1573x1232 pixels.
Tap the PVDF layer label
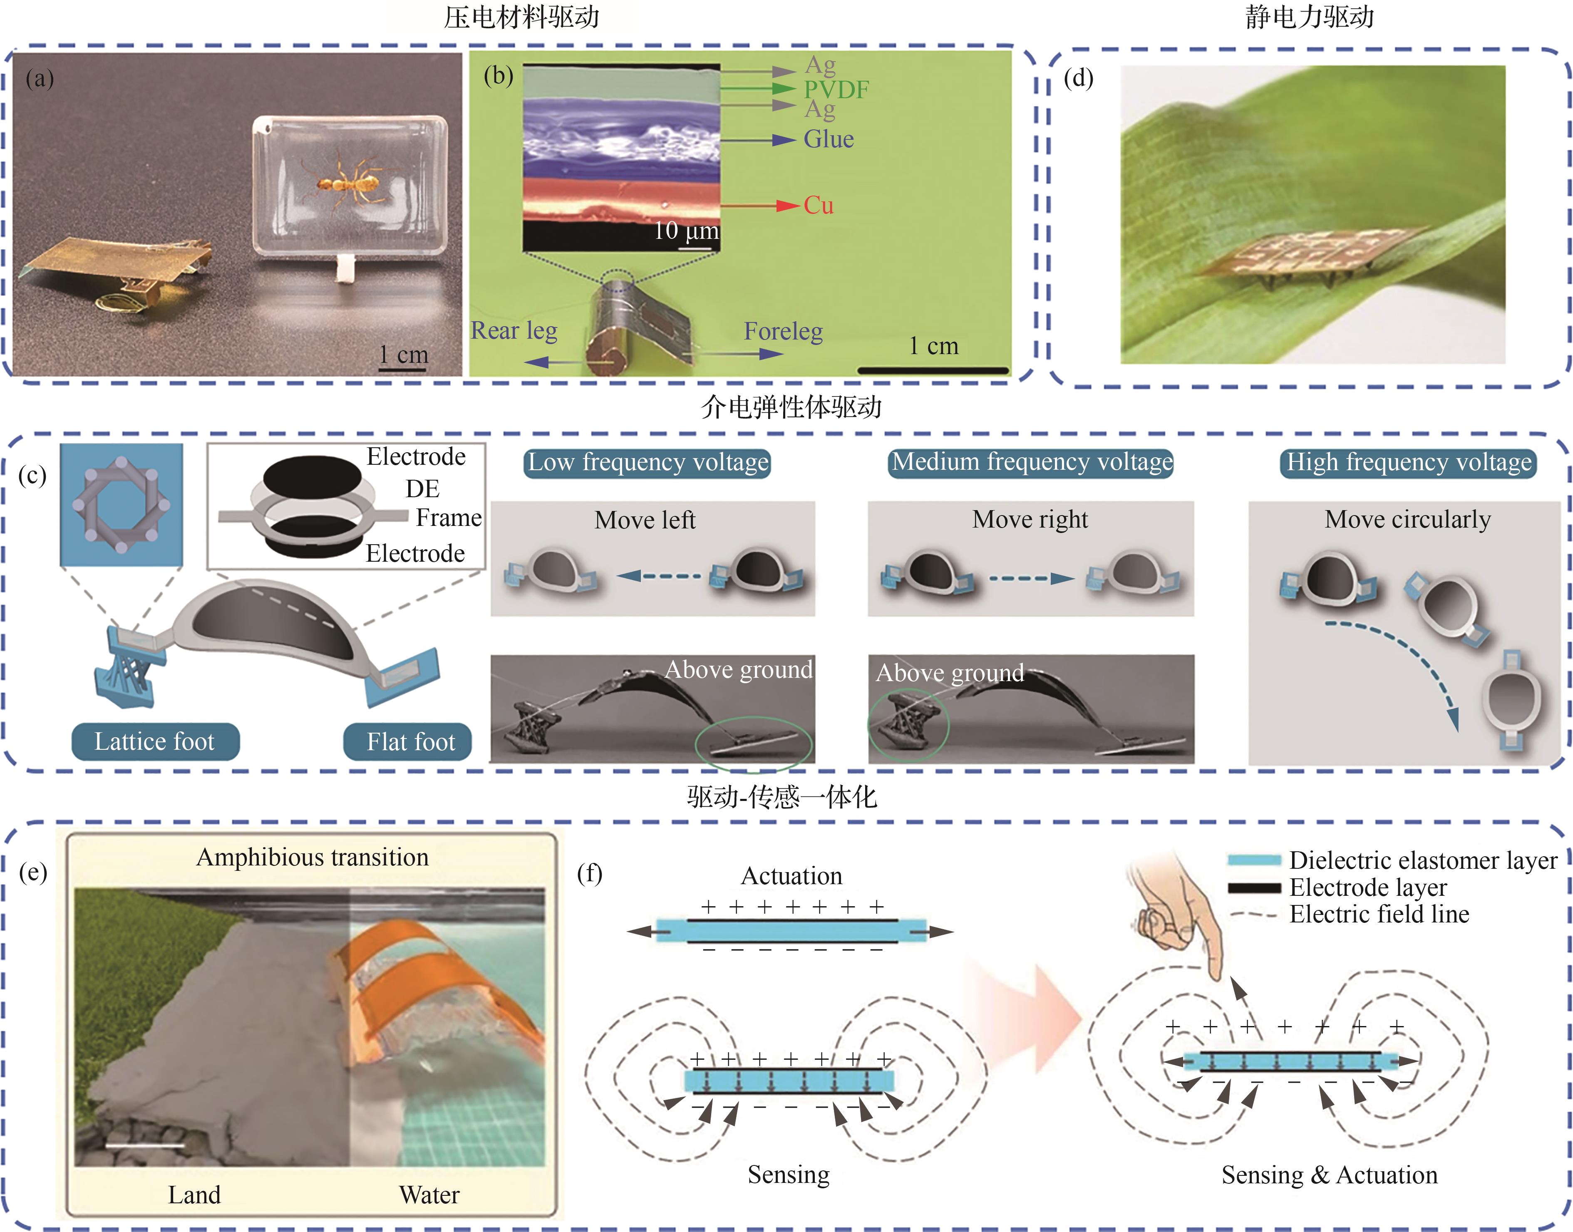836,89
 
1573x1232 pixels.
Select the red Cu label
819,206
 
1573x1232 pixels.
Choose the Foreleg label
783,331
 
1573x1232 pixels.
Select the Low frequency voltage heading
648,462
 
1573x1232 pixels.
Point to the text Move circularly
1407,519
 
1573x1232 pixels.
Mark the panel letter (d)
1078,78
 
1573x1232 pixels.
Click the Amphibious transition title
312,858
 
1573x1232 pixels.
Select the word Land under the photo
194,1195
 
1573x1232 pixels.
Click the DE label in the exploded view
422,489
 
